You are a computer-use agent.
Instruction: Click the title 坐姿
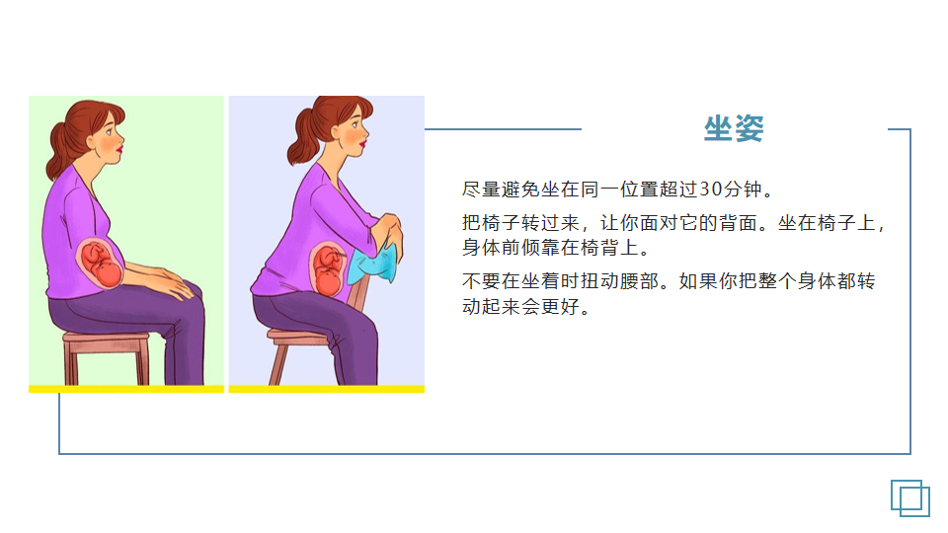(734, 128)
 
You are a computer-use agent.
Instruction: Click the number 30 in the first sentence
(711, 190)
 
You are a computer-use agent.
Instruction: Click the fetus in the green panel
(100, 265)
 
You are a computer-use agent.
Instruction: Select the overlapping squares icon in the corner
(909, 498)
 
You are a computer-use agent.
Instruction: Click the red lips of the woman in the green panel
(120, 147)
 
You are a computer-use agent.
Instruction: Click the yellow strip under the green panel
(126, 389)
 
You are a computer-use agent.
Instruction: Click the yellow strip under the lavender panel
(327, 389)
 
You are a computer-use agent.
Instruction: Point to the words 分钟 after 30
(743, 190)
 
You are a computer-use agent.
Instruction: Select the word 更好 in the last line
(561, 306)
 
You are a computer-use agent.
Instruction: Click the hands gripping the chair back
(386, 230)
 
